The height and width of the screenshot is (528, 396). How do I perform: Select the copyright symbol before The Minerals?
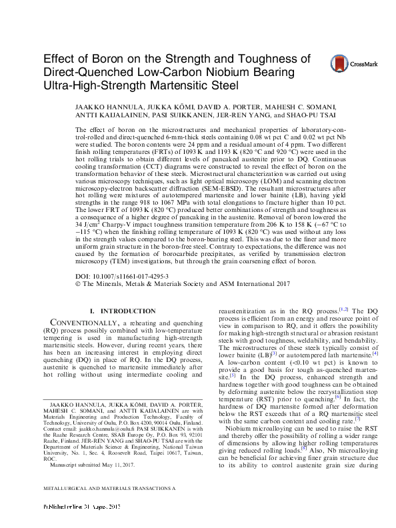point(77,283)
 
